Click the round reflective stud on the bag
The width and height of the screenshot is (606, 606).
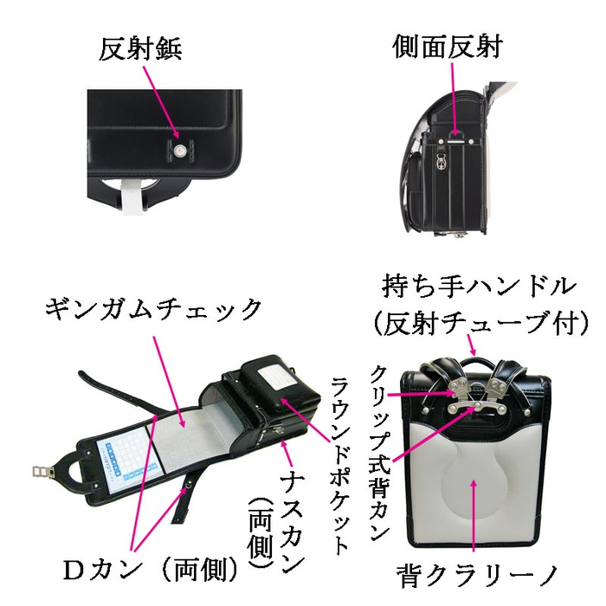(180, 152)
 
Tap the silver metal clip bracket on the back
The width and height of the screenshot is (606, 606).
(470, 399)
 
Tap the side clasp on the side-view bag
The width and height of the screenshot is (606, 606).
(441, 162)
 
